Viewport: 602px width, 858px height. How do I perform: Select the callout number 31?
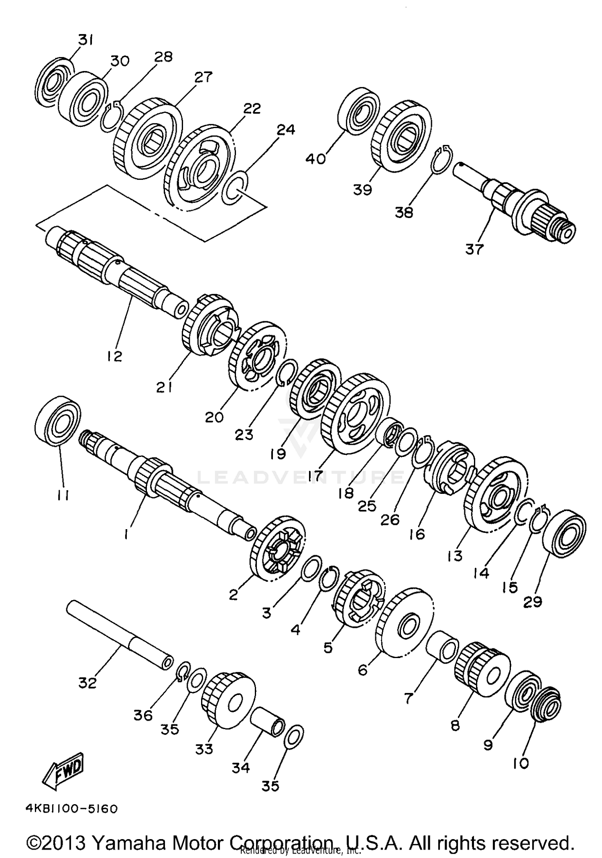tap(85, 40)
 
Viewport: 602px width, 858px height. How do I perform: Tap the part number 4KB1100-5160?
tap(71, 808)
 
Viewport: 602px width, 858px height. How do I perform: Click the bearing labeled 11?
tap(59, 421)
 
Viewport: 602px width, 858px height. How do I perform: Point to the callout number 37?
tap(474, 249)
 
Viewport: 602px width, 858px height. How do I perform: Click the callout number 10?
tap(521, 763)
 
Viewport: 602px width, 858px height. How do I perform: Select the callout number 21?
tap(165, 387)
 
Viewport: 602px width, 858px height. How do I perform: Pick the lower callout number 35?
tap(270, 785)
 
